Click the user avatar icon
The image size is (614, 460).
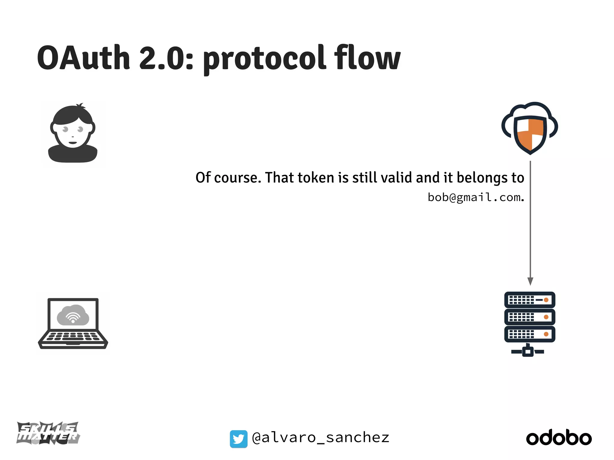point(73,134)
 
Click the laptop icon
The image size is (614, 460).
point(73,323)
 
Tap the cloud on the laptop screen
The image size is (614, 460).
point(73,315)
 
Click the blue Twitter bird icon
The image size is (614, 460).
point(239,439)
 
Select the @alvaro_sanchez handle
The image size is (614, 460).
point(320,438)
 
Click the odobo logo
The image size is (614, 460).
point(559,438)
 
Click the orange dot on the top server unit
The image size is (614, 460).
point(546,300)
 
